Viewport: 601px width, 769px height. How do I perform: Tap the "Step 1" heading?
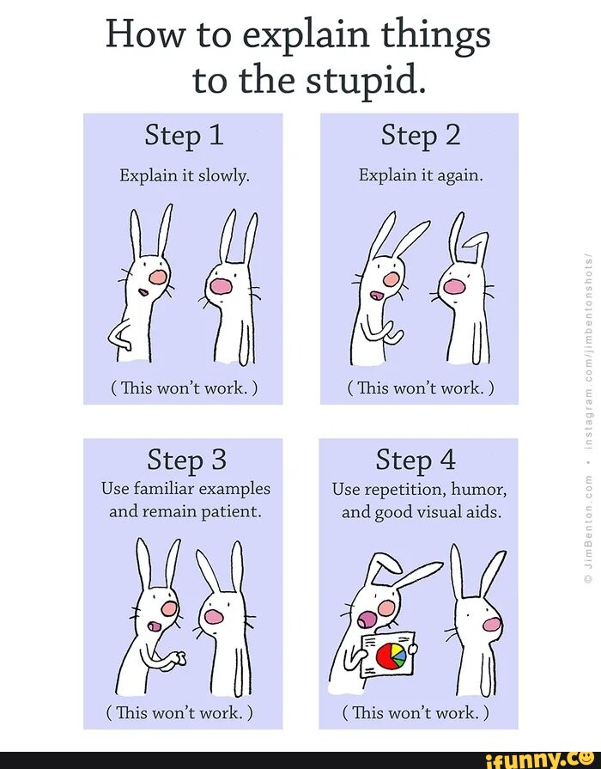click(x=184, y=135)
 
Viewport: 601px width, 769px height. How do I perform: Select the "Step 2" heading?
click(x=420, y=135)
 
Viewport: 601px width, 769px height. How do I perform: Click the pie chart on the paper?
click(x=391, y=655)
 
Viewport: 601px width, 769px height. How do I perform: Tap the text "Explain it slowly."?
click(x=185, y=175)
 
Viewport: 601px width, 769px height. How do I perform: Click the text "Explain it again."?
click(x=421, y=175)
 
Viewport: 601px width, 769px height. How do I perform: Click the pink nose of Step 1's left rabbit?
click(x=158, y=277)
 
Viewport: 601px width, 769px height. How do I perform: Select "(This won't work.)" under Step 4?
click(x=418, y=712)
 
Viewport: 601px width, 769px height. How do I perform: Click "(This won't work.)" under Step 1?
click(x=184, y=388)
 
